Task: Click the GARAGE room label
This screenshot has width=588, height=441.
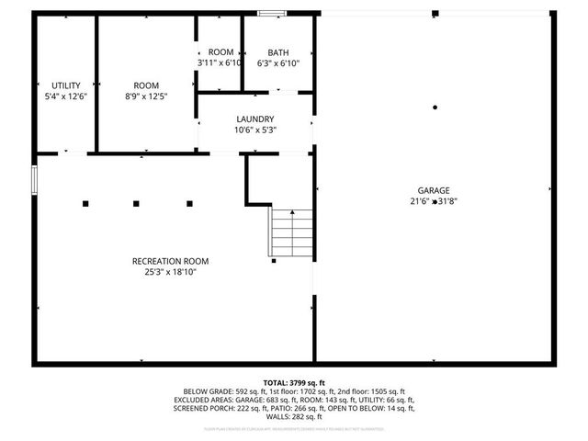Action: [x=435, y=190]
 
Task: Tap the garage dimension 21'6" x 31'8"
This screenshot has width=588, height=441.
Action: [x=435, y=202]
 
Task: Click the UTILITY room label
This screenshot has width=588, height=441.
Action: [x=65, y=85]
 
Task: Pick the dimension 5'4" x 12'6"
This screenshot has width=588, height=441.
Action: [x=65, y=96]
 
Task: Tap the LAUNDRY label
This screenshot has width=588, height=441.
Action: [x=255, y=119]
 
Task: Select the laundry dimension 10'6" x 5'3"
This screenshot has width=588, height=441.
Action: [x=255, y=130]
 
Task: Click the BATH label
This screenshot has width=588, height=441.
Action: [x=277, y=52]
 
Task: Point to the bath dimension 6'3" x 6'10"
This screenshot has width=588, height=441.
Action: [x=277, y=63]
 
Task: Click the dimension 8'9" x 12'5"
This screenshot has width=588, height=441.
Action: [x=146, y=96]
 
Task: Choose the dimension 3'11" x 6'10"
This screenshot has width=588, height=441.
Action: [x=220, y=63]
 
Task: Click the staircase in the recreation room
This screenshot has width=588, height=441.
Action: [x=291, y=232]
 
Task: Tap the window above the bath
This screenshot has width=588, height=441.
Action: [x=271, y=13]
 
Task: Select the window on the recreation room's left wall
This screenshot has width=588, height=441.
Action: [x=34, y=179]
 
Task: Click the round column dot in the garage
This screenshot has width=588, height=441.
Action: [x=435, y=107]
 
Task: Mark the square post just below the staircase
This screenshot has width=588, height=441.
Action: [x=274, y=262]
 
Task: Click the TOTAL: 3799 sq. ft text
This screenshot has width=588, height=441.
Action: [x=294, y=382]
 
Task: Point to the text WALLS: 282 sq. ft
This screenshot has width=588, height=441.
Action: [x=294, y=416]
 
